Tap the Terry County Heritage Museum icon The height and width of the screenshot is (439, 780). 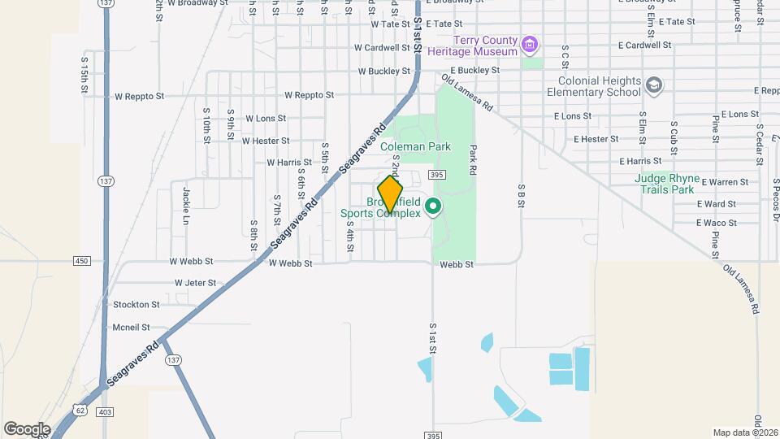pos(531,43)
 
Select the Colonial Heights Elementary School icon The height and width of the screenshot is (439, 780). pos(654,85)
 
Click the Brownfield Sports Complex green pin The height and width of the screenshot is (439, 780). pos(433,207)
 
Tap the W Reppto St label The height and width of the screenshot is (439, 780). pos(139,96)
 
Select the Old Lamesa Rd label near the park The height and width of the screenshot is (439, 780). pos(467,93)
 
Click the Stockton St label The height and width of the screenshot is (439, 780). pos(136,305)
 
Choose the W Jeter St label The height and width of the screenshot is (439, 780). pos(195,283)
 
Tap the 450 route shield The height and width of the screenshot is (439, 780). pos(80,260)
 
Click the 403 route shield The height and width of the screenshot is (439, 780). pos(106,412)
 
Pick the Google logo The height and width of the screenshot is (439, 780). pos(27,428)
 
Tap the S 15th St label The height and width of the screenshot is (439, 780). pos(84,74)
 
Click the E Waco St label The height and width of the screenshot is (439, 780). pos(716,223)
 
